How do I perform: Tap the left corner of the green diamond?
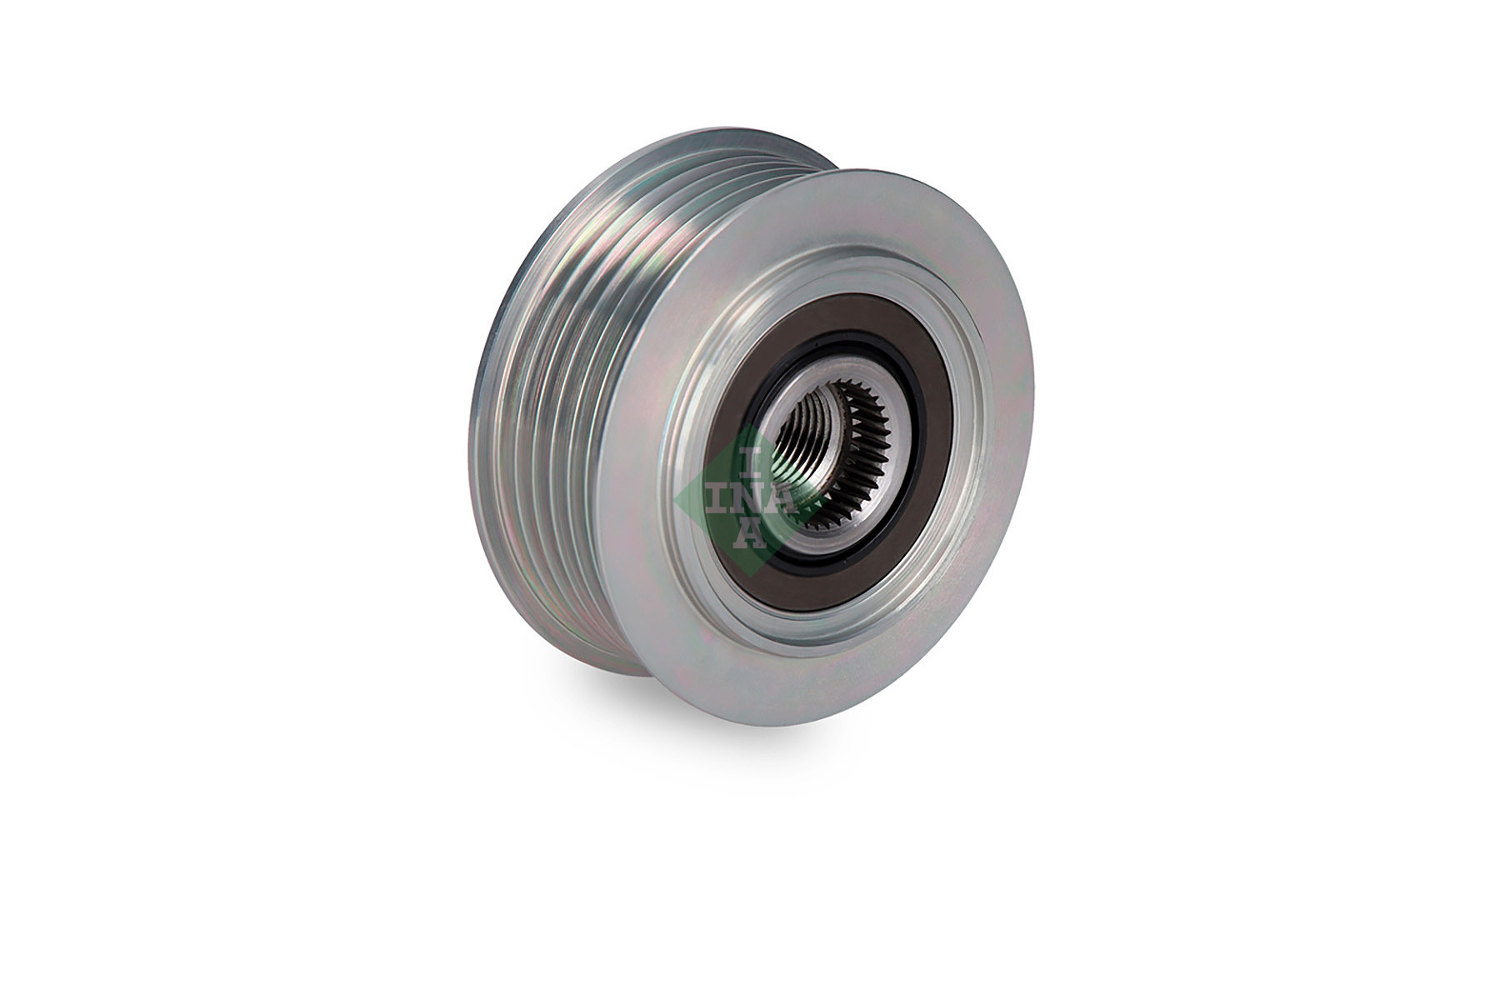[x=677, y=497]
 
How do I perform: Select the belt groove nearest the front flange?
[x=617, y=450]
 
